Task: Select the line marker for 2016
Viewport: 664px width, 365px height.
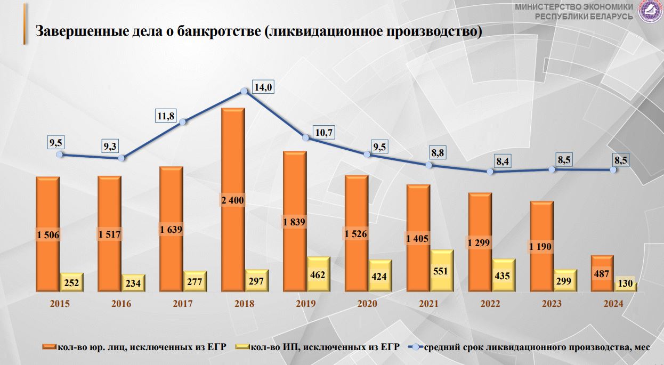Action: click(122, 158)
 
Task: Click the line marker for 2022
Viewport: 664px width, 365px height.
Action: click(490, 172)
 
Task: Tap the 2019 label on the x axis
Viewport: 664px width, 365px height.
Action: click(306, 304)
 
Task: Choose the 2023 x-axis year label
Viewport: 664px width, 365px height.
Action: click(552, 304)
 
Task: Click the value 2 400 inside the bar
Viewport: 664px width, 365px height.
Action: click(233, 201)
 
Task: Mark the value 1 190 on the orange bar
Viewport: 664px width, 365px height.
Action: click(540, 246)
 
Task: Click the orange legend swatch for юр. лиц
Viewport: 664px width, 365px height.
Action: click(52, 347)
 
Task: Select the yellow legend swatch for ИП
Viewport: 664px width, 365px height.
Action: click(242, 347)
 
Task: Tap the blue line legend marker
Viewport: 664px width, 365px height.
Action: click(415, 347)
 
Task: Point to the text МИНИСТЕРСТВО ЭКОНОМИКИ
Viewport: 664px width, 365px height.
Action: click(574, 7)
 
